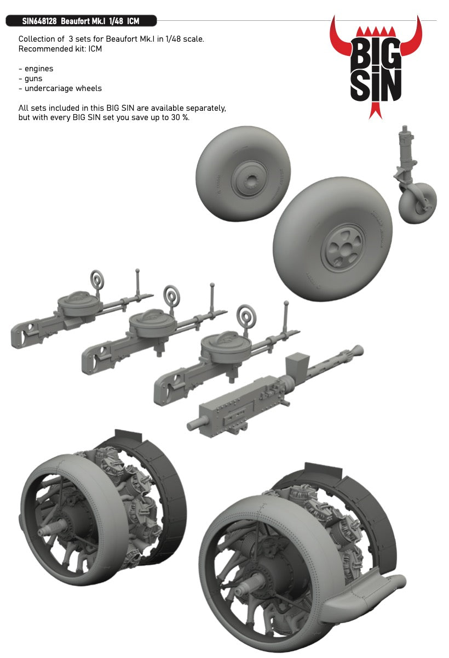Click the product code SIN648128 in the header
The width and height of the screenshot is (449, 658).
[x=39, y=21]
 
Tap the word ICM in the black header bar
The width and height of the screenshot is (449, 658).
[x=133, y=21]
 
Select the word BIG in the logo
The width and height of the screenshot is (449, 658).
[x=376, y=53]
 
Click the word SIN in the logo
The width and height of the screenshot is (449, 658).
[x=376, y=86]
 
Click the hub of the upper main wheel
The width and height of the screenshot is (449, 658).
[x=250, y=179]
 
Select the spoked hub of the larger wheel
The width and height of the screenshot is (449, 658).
[x=343, y=247]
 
